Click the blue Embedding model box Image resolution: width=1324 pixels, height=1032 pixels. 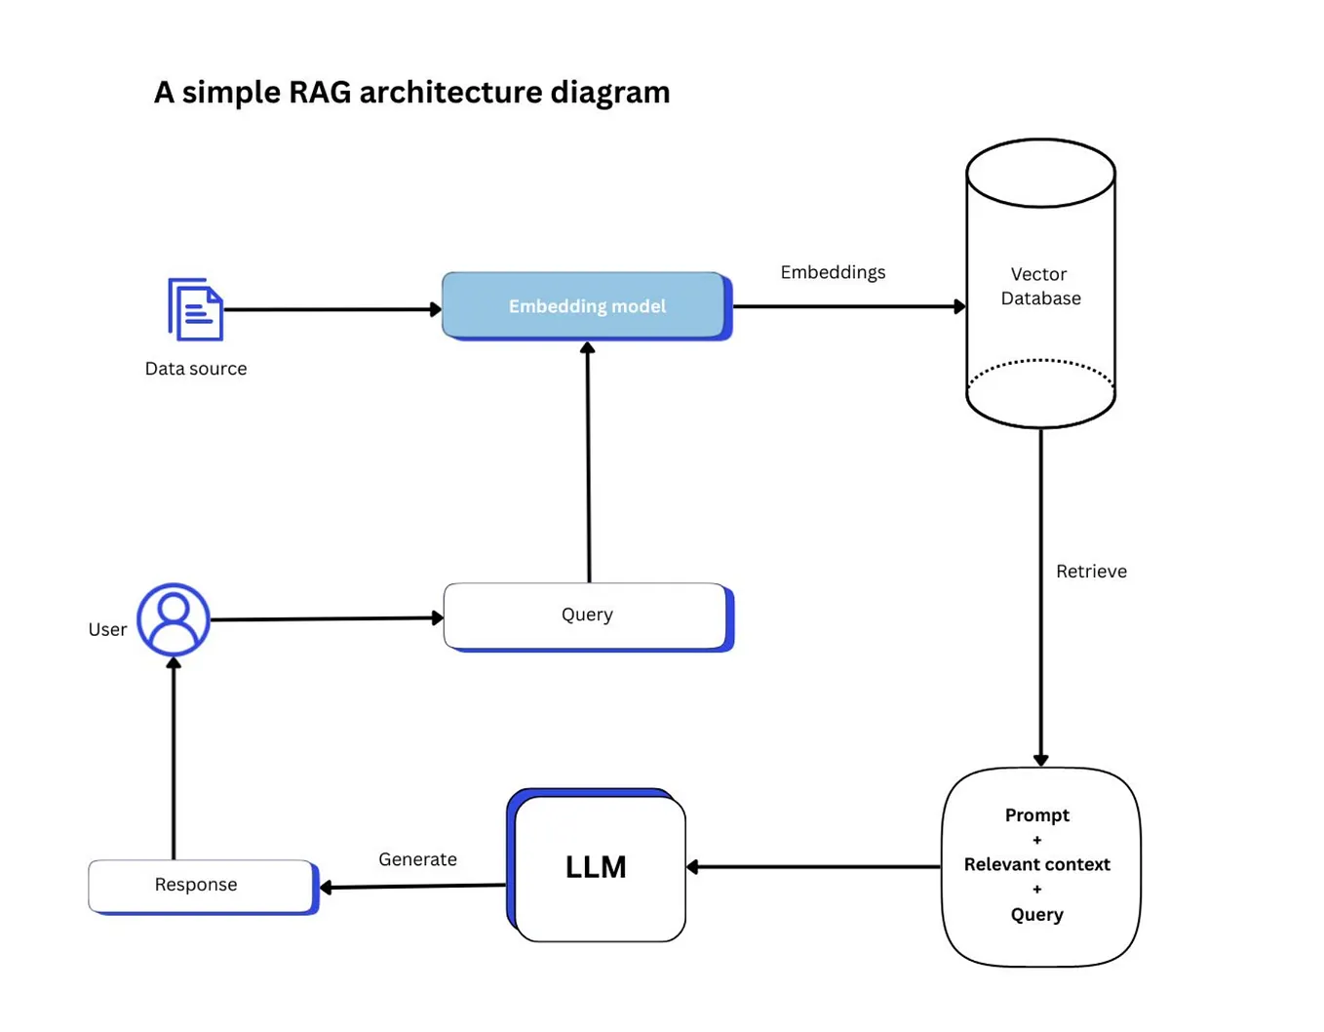(x=586, y=306)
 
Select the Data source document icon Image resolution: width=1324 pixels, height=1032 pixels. (x=196, y=309)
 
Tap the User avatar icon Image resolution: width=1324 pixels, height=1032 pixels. (x=174, y=619)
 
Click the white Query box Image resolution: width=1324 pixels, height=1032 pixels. (x=586, y=615)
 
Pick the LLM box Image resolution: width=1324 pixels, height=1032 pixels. (x=597, y=867)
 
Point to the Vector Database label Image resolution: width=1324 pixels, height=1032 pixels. (x=1039, y=286)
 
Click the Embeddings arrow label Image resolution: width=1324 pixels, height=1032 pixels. (x=833, y=272)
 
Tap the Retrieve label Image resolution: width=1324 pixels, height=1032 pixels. (x=1091, y=572)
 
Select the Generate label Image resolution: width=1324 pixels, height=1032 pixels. (x=417, y=859)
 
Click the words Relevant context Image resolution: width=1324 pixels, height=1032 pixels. (x=1036, y=864)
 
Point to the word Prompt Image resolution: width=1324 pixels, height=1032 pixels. (x=1036, y=814)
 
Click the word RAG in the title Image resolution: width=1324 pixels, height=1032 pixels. (x=320, y=92)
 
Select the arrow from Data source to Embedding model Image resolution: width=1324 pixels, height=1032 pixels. (x=331, y=309)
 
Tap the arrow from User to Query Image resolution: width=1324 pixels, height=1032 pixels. (x=327, y=618)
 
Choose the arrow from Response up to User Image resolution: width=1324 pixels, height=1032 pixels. (x=174, y=761)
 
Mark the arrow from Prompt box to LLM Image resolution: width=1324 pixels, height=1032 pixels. (x=814, y=866)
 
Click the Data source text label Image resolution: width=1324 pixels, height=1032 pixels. (x=196, y=369)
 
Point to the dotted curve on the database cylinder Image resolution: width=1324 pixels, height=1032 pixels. (x=1040, y=362)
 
